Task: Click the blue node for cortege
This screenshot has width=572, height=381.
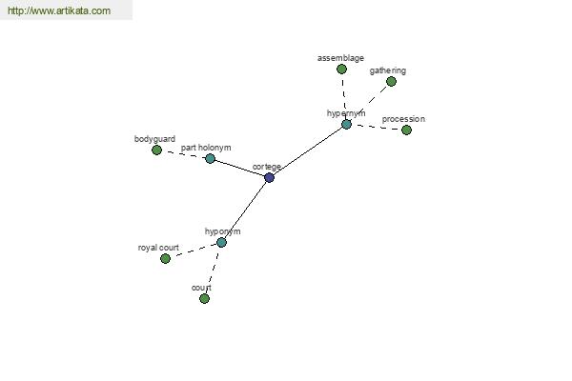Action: (x=269, y=178)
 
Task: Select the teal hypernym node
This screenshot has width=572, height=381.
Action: (x=346, y=125)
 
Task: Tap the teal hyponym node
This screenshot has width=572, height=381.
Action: (x=221, y=243)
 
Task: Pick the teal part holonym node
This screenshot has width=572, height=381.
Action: (x=210, y=159)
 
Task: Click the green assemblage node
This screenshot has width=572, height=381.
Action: (x=341, y=69)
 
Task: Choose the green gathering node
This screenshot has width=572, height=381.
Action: (x=391, y=82)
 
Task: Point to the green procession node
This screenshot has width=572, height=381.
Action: (x=406, y=130)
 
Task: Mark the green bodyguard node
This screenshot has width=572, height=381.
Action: (x=156, y=150)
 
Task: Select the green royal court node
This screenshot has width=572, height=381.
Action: (x=165, y=258)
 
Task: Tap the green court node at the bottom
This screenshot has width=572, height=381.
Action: (x=204, y=298)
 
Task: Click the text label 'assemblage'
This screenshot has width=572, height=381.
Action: (x=340, y=58)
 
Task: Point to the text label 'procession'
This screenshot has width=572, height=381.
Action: (x=403, y=119)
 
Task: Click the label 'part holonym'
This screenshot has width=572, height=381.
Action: (x=206, y=148)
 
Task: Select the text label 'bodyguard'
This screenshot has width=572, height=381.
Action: (x=154, y=139)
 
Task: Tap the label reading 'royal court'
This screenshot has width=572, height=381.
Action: (x=158, y=248)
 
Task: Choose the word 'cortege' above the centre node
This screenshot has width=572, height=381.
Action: (x=267, y=167)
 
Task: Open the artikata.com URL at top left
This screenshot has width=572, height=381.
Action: (x=59, y=10)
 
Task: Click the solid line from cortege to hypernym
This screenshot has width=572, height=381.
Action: (x=308, y=151)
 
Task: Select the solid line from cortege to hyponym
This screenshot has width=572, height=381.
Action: (x=245, y=211)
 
